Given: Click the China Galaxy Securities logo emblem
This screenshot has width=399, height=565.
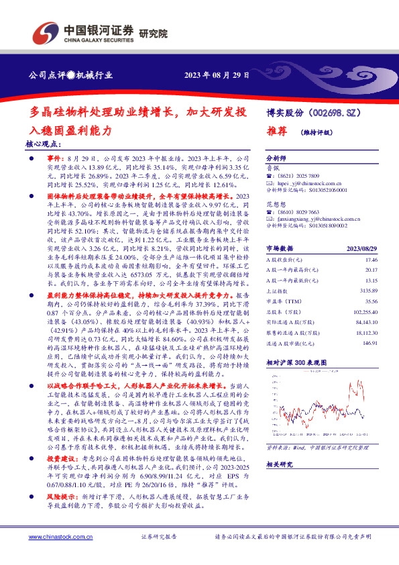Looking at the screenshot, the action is (46, 32).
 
